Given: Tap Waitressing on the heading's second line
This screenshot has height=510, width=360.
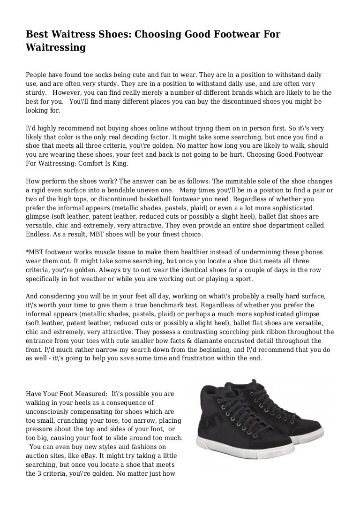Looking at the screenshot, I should [56, 47].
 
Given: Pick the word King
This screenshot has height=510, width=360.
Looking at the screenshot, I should [118, 165].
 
